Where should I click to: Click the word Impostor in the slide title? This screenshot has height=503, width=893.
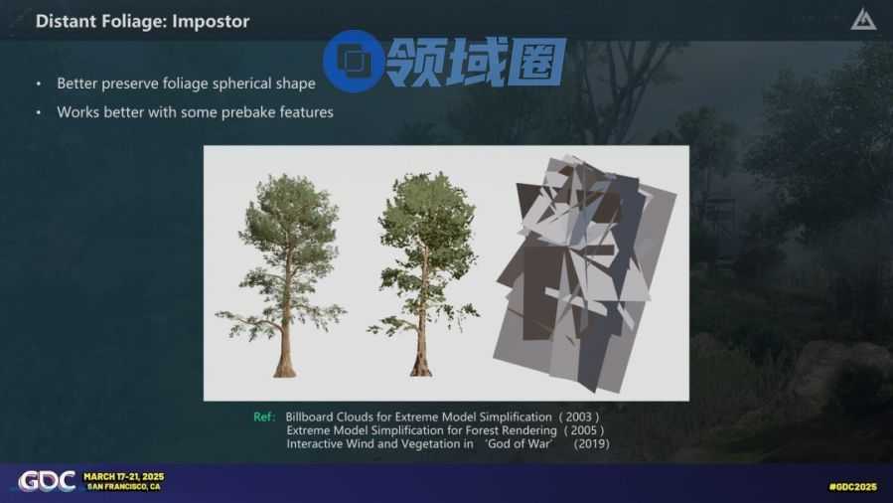pos(211,22)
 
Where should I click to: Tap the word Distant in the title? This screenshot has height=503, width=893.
pos(60,21)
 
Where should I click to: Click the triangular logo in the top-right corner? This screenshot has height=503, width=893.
pos(863,19)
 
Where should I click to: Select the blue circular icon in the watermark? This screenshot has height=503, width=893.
pos(353,61)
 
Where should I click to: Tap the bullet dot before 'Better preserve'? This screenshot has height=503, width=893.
pos(39,84)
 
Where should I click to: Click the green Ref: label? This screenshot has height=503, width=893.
pos(264,417)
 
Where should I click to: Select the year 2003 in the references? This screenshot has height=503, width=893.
pos(579,417)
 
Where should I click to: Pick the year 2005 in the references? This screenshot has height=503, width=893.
pos(584,430)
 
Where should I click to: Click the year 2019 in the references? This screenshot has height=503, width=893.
pos(591,443)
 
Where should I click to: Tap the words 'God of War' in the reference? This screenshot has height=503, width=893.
pos(520,443)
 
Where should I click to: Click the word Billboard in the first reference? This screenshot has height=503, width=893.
pos(309,417)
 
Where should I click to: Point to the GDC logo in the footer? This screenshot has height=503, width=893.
pos(47,481)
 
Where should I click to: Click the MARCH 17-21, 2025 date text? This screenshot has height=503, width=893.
pos(123,476)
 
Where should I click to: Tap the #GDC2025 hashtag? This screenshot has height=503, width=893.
pos(852,486)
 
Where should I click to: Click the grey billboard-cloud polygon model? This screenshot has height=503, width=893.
pos(584,273)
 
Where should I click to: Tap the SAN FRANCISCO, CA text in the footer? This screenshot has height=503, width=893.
pos(123,486)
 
